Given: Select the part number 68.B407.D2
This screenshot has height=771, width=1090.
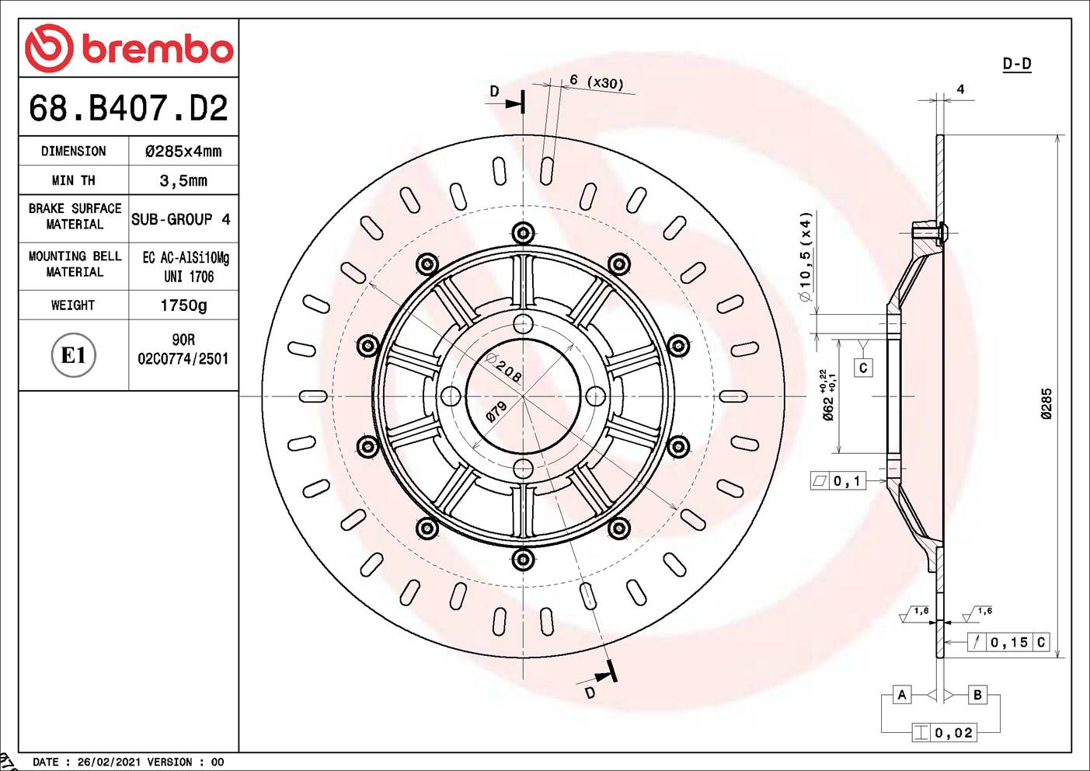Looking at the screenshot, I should pyautogui.click(x=128, y=108).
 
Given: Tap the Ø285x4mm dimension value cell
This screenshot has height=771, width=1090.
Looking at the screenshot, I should pyautogui.click(x=183, y=152).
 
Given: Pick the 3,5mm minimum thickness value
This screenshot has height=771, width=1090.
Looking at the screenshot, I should pyautogui.click(x=183, y=181).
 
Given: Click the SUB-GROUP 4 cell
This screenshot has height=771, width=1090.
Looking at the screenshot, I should pyautogui.click(x=181, y=220).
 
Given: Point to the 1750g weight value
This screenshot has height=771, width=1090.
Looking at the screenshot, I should pyautogui.click(x=183, y=305).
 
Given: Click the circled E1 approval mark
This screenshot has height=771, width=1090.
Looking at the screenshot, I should pyautogui.click(x=73, y=355).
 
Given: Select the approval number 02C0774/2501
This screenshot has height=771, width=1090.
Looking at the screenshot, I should pyautogui.click(x=183, y=359).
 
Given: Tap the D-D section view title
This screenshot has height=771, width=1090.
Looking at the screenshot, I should pyautogui.click(x=1016, y=64).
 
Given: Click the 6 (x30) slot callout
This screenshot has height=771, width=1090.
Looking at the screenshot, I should pyautogui.click(x=596, y=82).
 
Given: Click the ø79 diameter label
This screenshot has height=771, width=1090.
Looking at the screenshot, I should pyautogui.click(x=496, y=411).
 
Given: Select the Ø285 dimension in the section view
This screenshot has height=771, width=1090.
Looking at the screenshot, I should pyautogui.click(x=1046, y=404).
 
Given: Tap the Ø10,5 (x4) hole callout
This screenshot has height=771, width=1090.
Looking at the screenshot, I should pyautogui.click(x=806, y=256).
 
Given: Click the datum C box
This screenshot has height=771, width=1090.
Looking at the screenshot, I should pyautogui.click(x=862, y=368).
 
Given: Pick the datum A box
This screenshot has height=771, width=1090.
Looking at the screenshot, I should pyautogui.click(x=901, y=695).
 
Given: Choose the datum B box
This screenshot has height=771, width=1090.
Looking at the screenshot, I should pyautogui.click(x=977, y=695).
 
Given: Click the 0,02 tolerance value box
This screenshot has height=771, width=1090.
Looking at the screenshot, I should pyautogui.click(x=953, y=733).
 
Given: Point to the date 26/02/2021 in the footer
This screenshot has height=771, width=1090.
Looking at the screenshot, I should pyautogui.click(x=107, y=762).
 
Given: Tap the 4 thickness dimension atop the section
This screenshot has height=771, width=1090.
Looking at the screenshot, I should pyautogui.click(x=960, y=89).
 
